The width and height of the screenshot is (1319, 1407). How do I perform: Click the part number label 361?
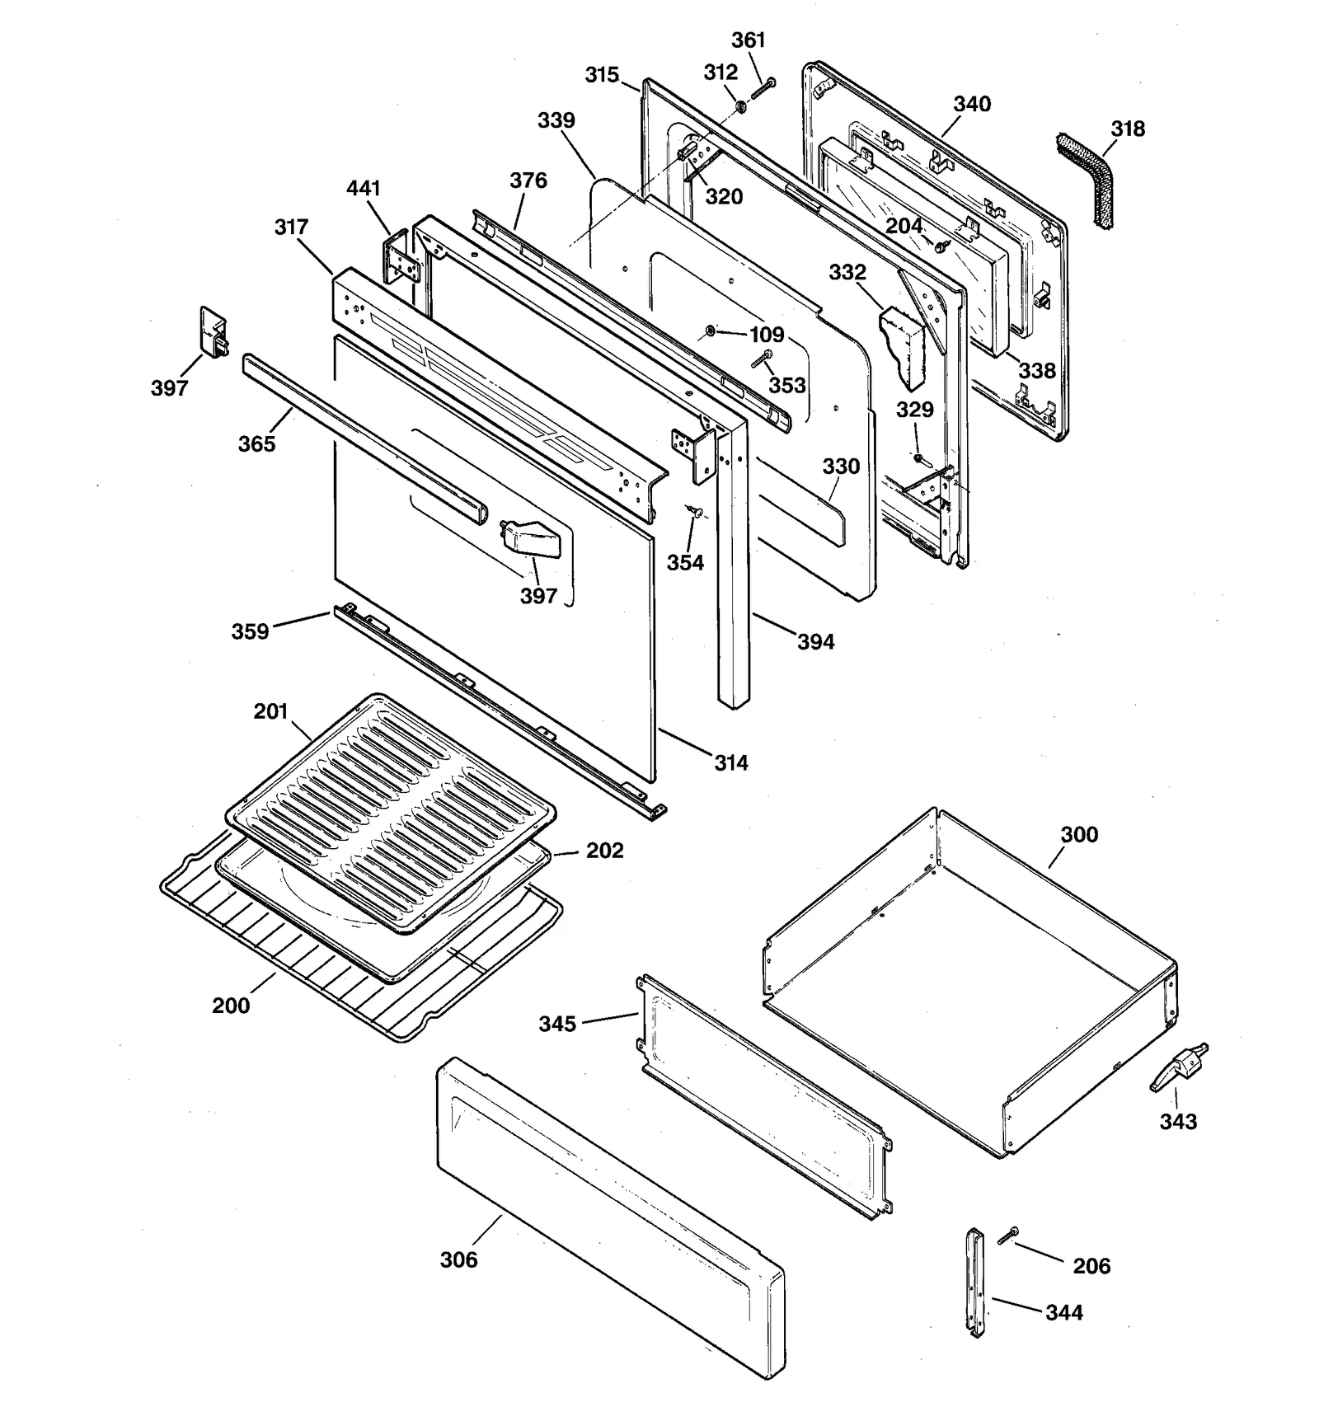749,40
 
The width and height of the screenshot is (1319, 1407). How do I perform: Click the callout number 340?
972,104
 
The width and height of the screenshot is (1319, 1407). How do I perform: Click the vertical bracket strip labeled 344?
975,1283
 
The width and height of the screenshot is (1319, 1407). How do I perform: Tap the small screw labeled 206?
1007,1235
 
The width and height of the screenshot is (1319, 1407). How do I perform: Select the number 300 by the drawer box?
1079,834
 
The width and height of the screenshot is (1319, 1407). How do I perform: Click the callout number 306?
458,1259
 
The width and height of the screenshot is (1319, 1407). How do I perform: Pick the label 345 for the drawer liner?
557,1024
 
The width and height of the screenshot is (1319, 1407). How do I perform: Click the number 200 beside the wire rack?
231,1005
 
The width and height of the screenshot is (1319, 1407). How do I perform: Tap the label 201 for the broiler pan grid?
270,711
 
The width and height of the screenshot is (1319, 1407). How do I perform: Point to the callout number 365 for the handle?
256,443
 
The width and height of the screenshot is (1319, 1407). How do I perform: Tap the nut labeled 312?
739,106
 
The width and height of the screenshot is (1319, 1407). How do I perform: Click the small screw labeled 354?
695,513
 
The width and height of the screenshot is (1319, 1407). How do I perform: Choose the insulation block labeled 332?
904,346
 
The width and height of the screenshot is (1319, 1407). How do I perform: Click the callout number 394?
815,641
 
